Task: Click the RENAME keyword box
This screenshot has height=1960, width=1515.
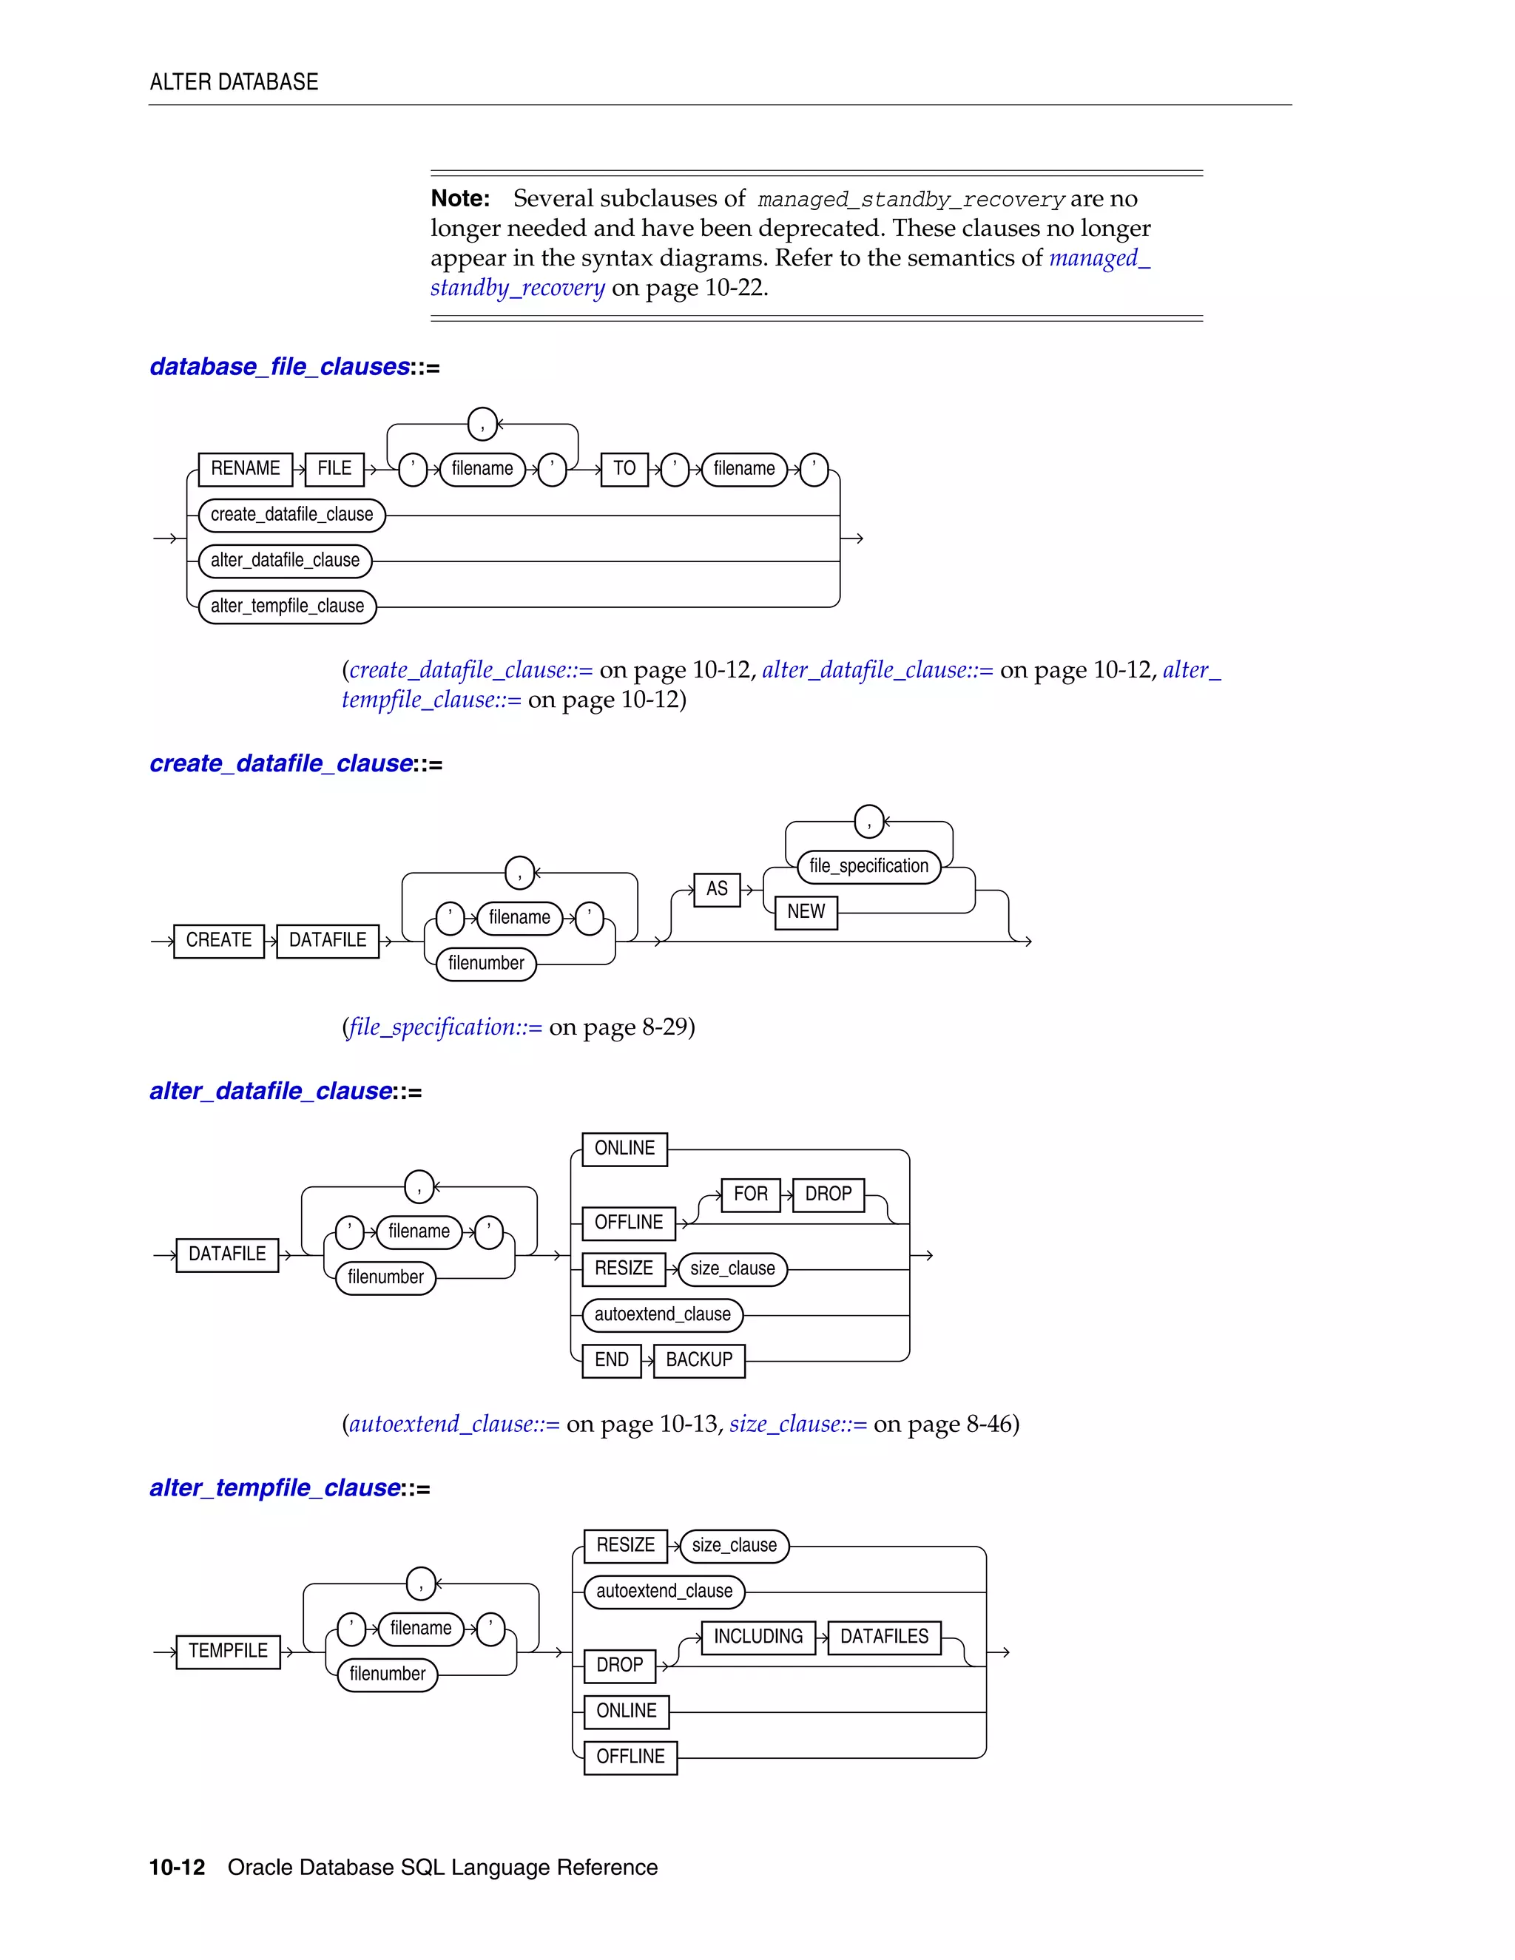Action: tap(245, 468)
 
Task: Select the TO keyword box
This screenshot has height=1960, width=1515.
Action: tap(624, 468)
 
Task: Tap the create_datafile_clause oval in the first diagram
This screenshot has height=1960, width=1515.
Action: tap(291, 514)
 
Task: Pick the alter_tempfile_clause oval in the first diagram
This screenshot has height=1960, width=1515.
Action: tap(287, 606)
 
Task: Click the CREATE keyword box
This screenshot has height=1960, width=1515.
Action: tap(219, 941)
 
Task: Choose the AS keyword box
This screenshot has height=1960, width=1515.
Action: tap(716, 888)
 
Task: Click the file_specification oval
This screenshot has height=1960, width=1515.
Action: tap(868, 866)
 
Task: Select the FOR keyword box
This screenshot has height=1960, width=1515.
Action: tap(750, 1194)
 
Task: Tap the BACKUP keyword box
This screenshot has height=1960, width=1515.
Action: tap(699, 1360)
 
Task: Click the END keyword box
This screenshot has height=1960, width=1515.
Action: tap(611, 1360)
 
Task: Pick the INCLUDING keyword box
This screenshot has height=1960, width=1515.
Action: tap(757, 1637)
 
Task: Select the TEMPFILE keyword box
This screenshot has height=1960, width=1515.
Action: tap(228, 1652)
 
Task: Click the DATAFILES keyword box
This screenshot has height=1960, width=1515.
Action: tap(884, 1637)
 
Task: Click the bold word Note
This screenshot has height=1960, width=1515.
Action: tap(459, 198)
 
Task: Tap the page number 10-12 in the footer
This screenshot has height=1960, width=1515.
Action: tap(177, 1868)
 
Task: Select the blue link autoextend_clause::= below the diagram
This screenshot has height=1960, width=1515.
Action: tap(454, 1425)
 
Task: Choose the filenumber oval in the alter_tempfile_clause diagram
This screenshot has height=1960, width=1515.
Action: tap(387, 1675)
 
